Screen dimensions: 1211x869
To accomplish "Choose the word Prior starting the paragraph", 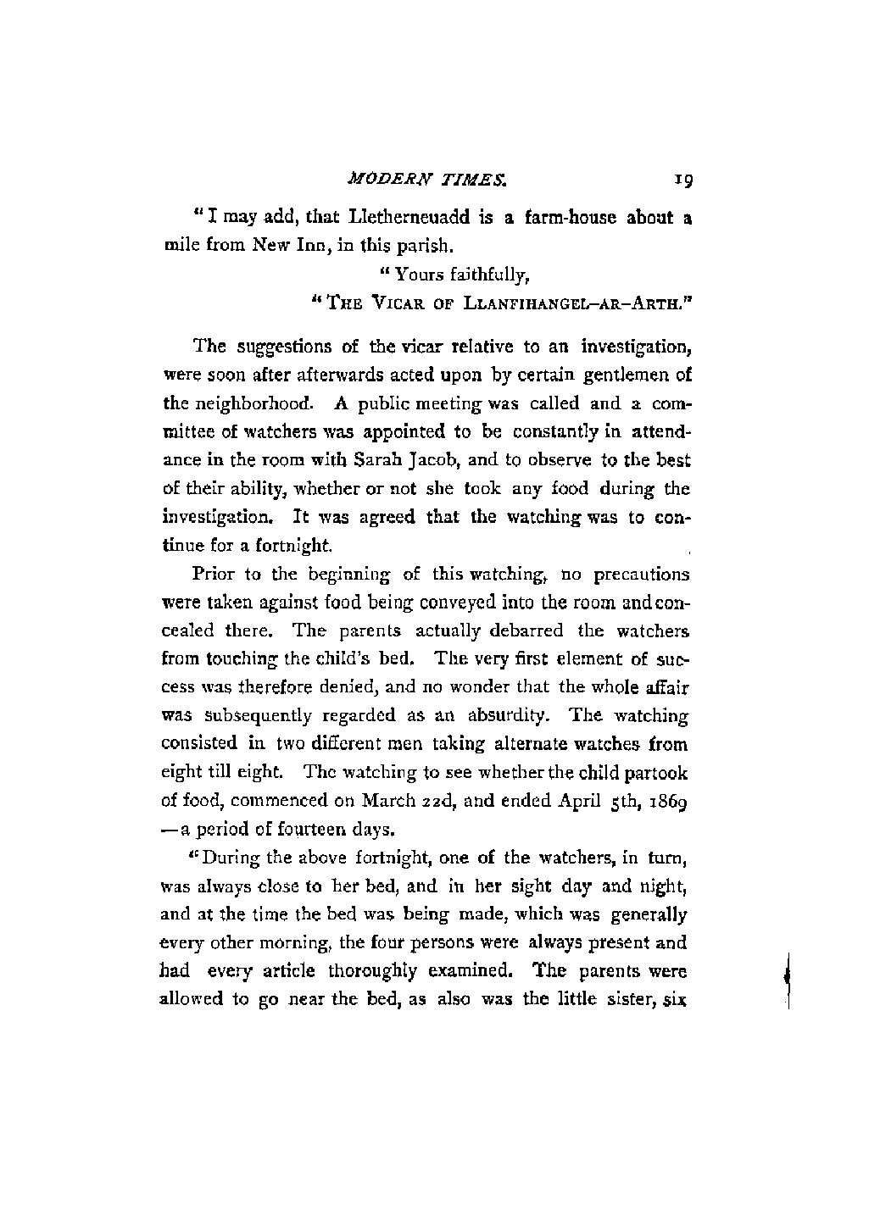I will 214,575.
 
